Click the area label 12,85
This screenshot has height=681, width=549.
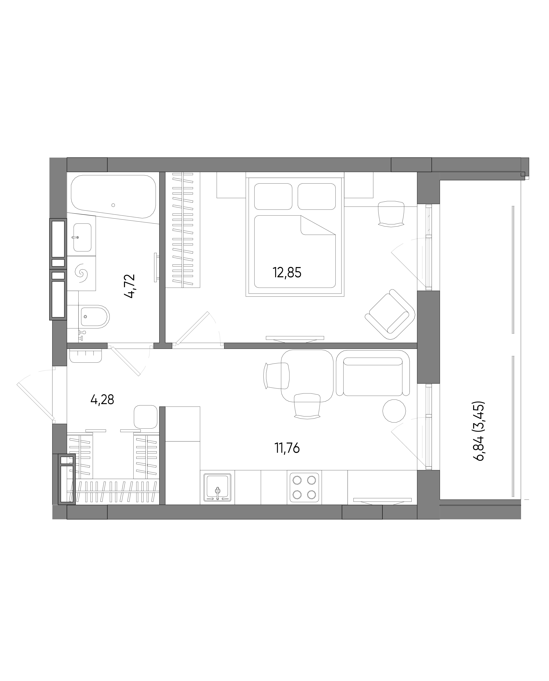coord(287,273)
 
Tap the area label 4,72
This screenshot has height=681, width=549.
coord(130,286)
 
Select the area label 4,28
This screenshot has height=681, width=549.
coord(102,400)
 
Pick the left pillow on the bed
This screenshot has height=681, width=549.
coord(273,196)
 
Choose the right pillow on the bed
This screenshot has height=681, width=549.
coord(317,196)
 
